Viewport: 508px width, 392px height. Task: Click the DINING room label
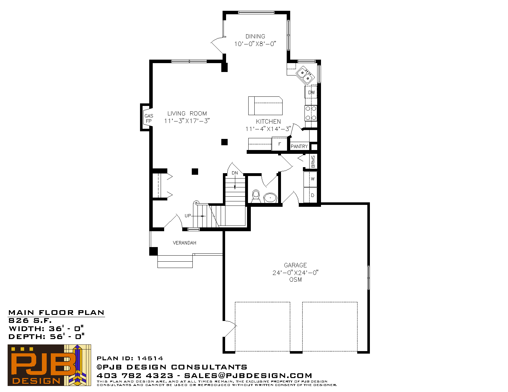[255, 36]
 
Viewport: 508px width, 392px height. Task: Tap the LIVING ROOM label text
[187, 114]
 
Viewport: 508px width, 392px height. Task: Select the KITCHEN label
[268, 121]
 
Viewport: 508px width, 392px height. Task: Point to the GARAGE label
[295, 265]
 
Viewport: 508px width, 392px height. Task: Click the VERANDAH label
[184, 243]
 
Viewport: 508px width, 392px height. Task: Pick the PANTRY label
[299, 147]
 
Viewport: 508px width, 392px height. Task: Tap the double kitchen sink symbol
[305, 75]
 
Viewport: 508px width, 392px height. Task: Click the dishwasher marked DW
[311, 92]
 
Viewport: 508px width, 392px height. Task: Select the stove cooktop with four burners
[311, 113]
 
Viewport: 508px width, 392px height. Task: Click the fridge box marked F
[279, 144]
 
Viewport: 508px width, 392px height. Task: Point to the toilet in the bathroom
[256, 196]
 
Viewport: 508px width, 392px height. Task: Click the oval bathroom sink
[270, 198]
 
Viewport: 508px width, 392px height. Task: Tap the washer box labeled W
[311, 179]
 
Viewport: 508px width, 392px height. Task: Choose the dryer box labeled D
[311, 195]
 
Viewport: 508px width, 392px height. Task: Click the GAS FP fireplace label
[149, 118]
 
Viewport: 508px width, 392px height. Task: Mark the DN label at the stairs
[235, 173]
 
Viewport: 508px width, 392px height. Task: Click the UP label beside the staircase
[188, 216]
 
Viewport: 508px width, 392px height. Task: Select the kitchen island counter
[265, 106]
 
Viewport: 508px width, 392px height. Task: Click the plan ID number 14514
[150, 358]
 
